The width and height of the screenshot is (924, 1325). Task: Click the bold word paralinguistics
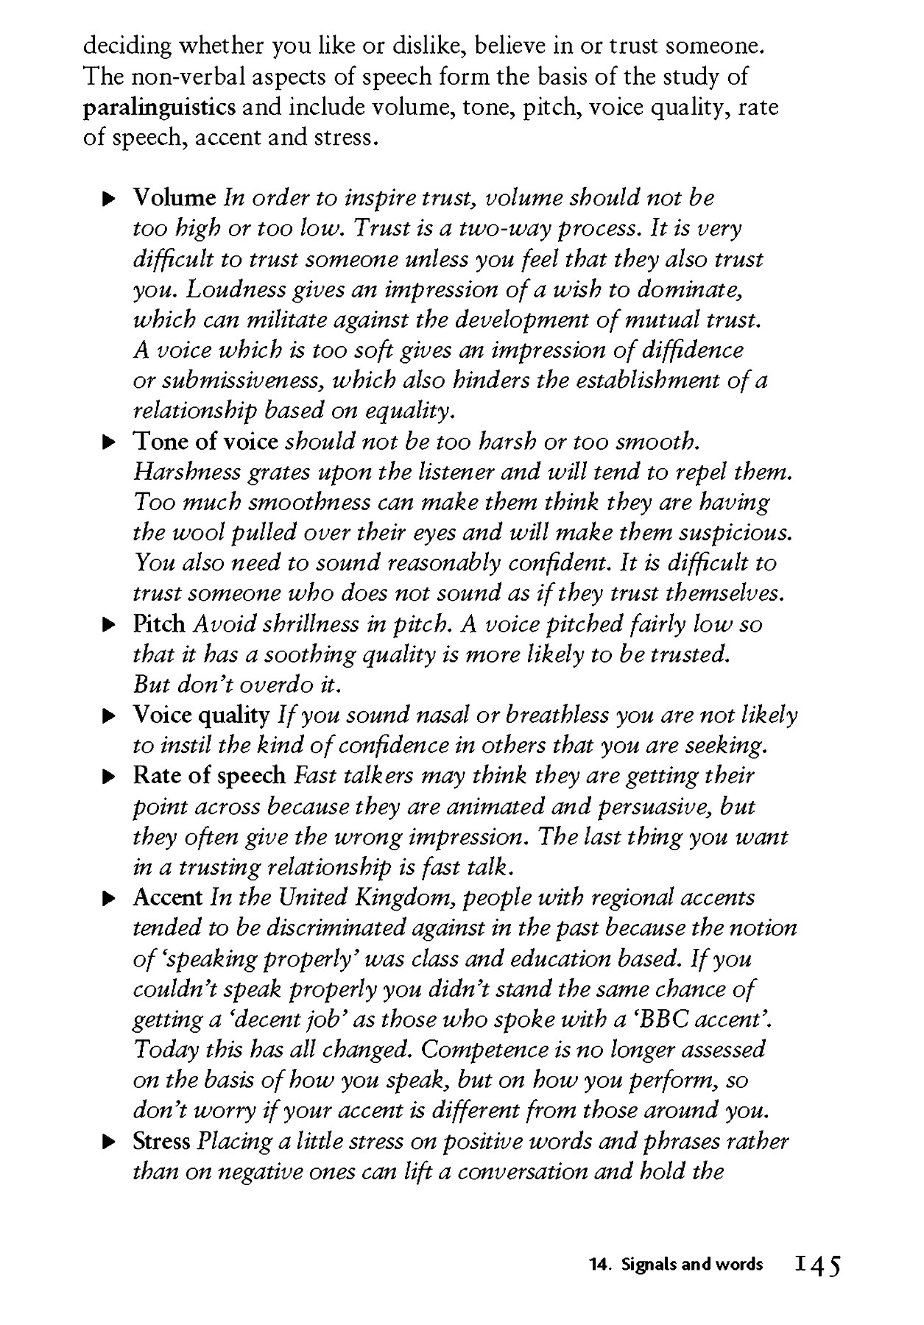tap(159, 107)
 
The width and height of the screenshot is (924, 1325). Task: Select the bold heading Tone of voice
tap(205, 442)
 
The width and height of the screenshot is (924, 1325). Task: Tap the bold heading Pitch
tap(159, 624)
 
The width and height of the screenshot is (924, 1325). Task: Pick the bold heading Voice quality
tap(201, 715)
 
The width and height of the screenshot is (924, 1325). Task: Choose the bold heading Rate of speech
tap(209, 776)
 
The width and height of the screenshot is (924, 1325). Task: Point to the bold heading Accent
tap(168, 898)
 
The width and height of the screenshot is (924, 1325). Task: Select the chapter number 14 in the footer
tap(599, 1265)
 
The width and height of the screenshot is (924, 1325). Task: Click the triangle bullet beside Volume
tap(108, 199)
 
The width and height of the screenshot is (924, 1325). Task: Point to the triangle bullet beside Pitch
tap(108, 625)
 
